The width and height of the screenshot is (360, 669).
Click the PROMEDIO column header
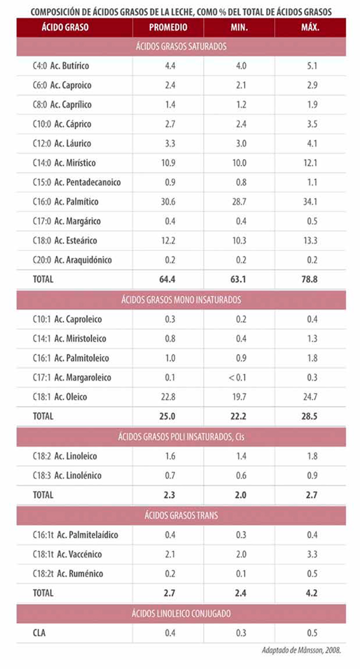tap(168, 28)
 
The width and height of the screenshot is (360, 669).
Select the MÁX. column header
tap(310, 28)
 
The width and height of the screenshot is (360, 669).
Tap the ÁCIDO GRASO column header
tap(65, 28)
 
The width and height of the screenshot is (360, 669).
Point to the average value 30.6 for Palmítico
tap(168, 202)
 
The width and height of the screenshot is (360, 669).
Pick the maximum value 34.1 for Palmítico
tap(311, 202)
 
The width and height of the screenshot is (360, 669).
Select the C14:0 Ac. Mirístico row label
tap(64, 163)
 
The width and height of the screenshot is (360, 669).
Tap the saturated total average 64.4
tap(168, 280)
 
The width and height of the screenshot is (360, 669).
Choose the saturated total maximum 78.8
tap(311, 280)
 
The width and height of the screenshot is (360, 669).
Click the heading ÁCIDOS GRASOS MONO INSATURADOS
tap(182, 300)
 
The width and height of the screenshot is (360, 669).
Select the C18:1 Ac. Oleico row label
tap(60, 397)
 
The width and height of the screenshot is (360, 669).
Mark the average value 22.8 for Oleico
tap(168, 397)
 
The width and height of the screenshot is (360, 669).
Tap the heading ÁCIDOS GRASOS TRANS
tap(182, 515)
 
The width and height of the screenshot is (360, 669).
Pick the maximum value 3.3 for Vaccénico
tap(311, 554)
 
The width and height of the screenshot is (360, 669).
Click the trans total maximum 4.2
tap(311, 593)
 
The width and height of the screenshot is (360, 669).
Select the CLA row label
tap(39, 632)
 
